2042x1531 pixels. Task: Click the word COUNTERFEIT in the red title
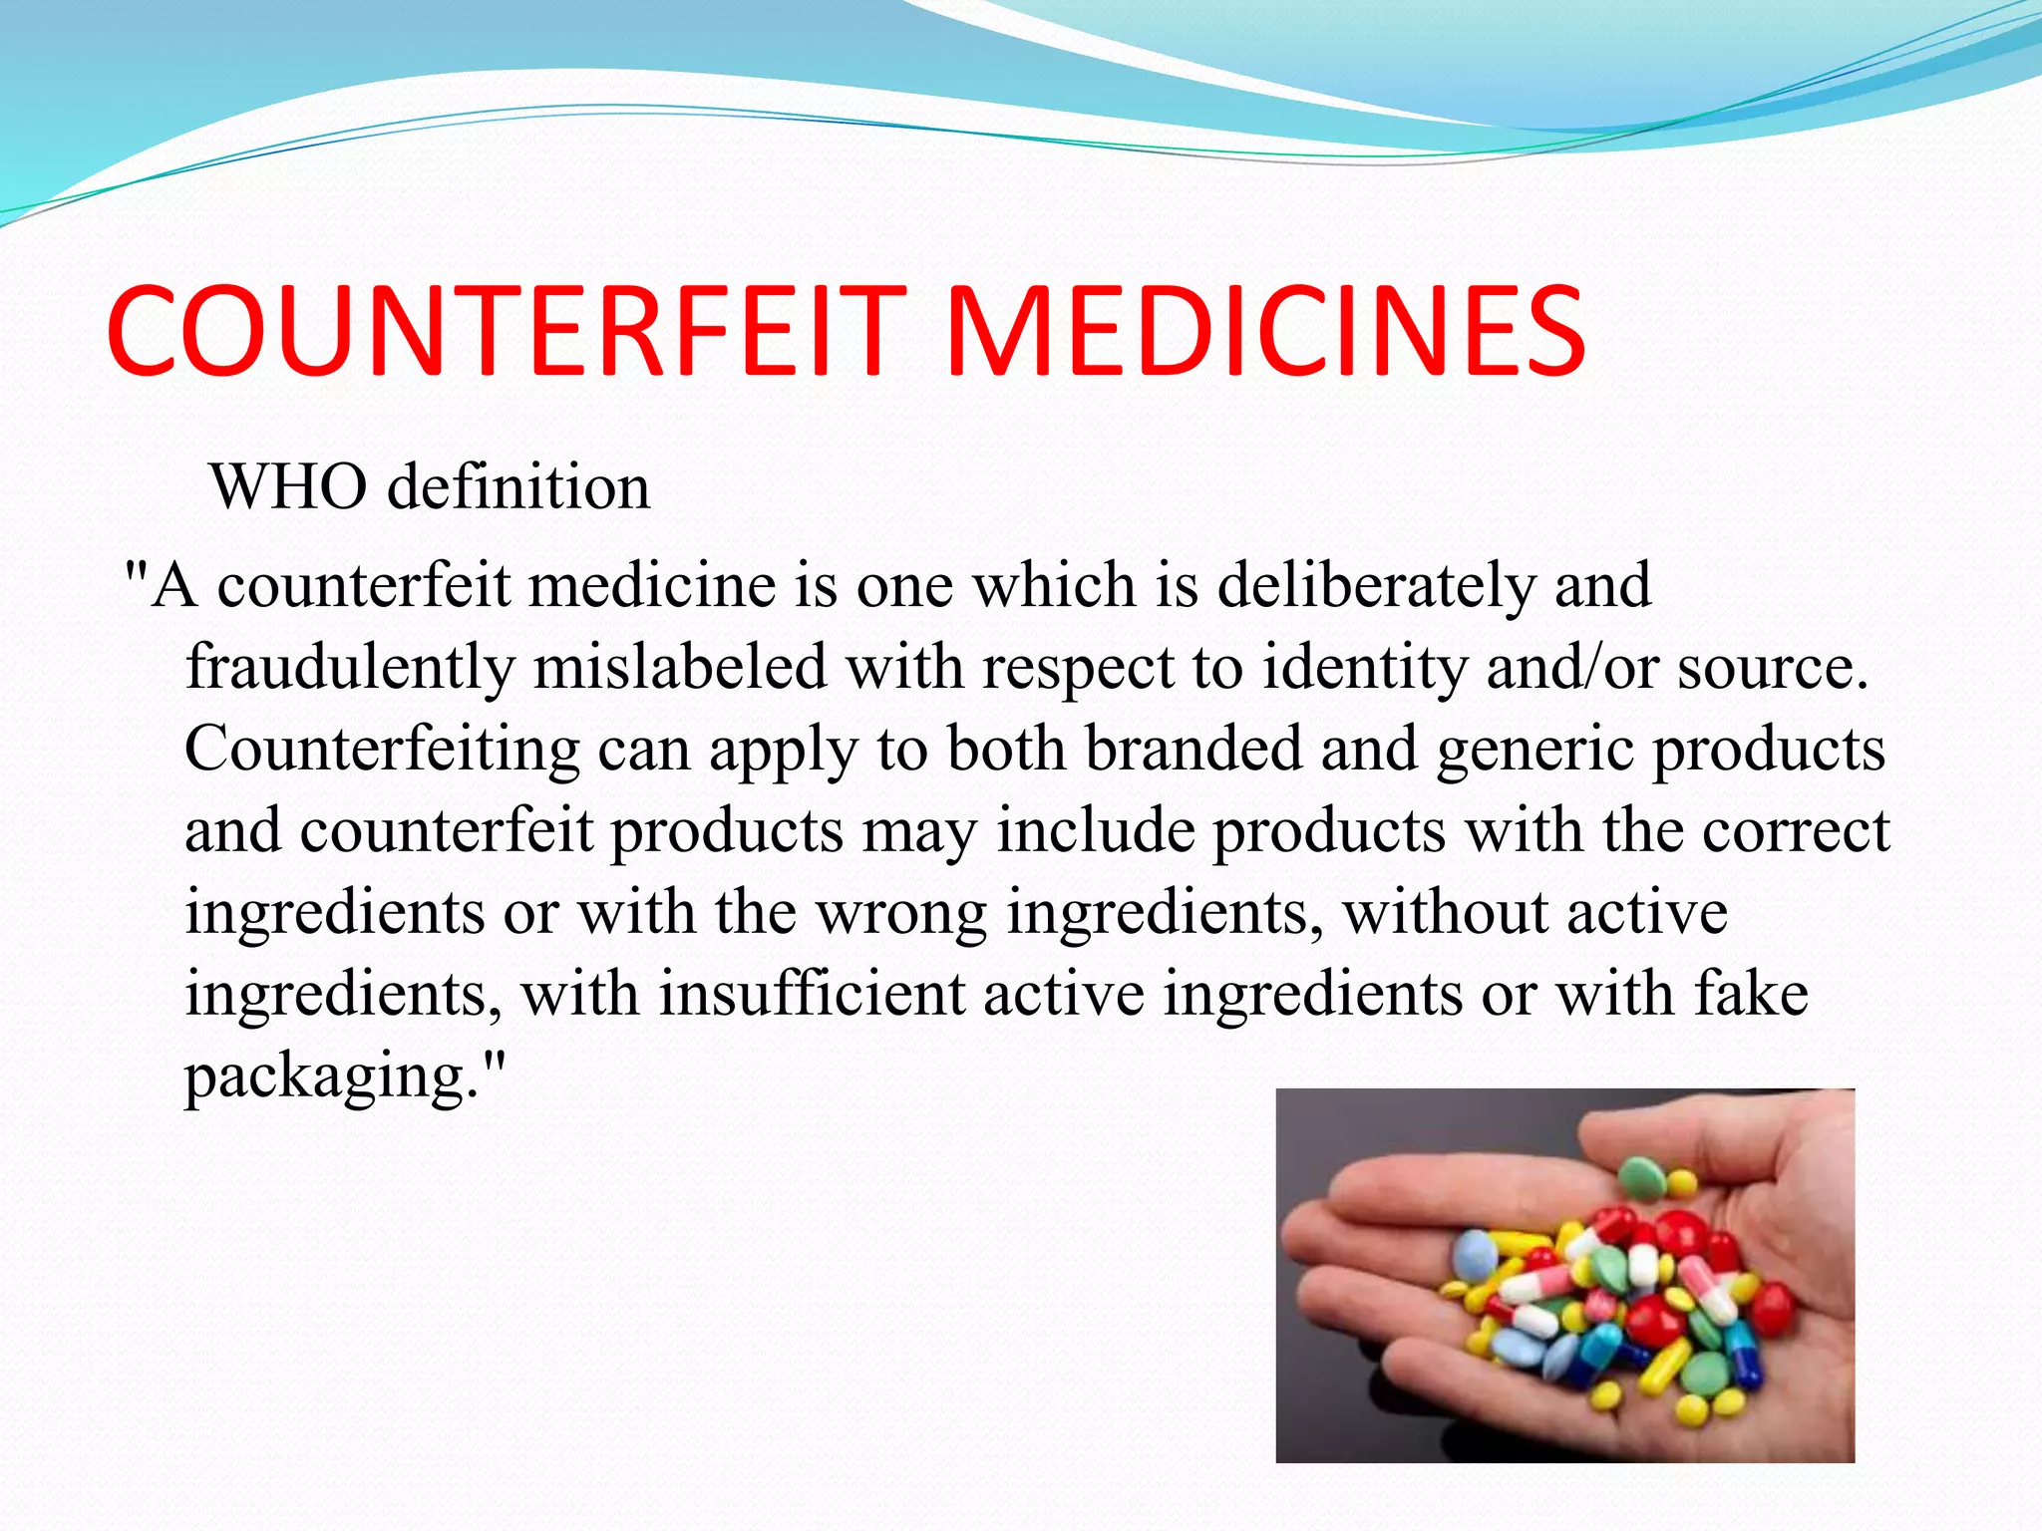[506, 331]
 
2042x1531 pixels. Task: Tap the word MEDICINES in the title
[1264, 331]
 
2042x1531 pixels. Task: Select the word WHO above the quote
[289, 487]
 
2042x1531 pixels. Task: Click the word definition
[518, 487]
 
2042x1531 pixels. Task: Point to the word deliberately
[1376, 585]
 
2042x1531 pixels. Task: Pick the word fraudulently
[349, 667]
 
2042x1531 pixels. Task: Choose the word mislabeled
[680, 667]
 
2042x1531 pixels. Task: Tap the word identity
[1365, 667]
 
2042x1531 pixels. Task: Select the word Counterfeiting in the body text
[382, 750]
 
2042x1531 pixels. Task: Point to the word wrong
[902, 913]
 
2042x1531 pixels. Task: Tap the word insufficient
[812, 994]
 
